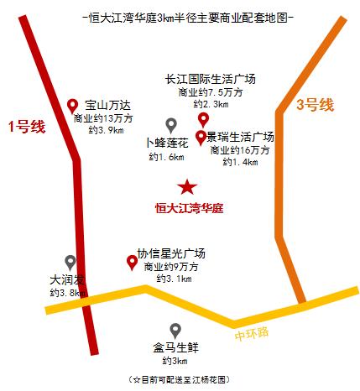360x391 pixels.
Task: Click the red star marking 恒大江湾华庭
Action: [x=187, y=186]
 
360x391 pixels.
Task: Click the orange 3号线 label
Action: [x=315, y=105]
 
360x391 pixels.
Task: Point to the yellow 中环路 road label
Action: [x=252, y=332]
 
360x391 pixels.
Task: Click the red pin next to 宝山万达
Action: [x=73, y=107]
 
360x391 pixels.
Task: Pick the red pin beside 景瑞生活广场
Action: [x=201, y=137]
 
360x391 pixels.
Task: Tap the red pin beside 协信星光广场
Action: [x=132, y=263]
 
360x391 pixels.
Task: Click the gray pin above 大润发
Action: [x=70, y=263]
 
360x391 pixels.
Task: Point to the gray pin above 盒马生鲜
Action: [x=175, y=330]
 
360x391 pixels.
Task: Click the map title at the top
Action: [x=180, y=17]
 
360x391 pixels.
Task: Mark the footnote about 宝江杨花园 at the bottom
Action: [x=179, y=380]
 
